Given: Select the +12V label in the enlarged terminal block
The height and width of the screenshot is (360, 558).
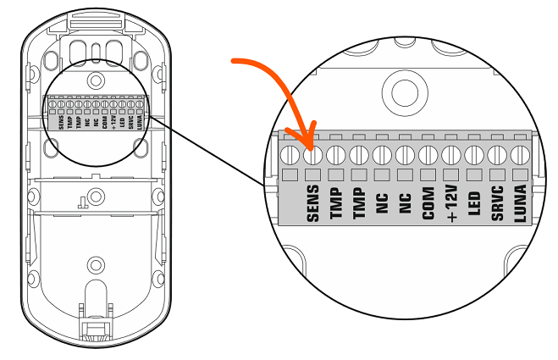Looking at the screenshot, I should [x=450, y=203].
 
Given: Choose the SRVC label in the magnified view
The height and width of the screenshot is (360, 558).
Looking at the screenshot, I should [x=497, y=203].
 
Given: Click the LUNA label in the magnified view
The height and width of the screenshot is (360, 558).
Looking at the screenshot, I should [x=520, y=203].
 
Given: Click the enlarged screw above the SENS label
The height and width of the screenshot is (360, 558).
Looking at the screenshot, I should [x=313, y=155].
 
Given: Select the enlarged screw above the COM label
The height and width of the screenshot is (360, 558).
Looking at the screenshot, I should [x=428, y=155].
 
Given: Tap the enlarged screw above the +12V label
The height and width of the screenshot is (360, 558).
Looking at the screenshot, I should [x=450, y=155].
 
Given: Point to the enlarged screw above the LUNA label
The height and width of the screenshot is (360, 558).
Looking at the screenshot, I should [x=520, y=155].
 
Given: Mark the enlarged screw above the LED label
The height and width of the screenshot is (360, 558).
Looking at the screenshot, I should [x=474, y=155].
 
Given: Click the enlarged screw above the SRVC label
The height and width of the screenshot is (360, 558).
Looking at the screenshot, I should [x=497, y=155].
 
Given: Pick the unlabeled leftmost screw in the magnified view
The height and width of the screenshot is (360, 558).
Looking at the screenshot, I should [x=290, y=155].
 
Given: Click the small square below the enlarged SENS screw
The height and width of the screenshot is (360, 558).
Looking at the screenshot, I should [x=313, y=175].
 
